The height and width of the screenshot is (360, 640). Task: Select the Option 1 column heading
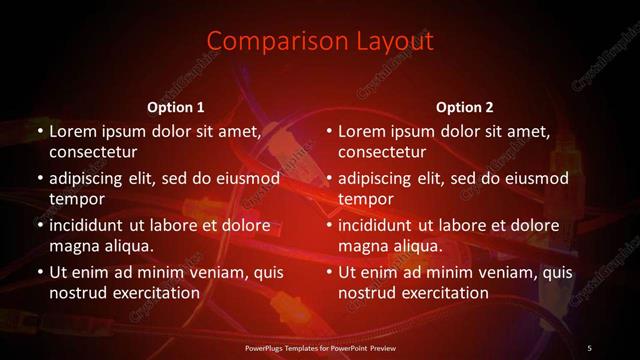(176, 107)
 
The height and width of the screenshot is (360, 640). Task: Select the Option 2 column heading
(465, 107)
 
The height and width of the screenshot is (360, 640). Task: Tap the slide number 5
(589, 347)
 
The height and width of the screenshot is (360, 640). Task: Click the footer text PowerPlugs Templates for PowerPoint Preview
(319, 347)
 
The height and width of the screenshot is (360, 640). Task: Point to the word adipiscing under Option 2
(381, 179)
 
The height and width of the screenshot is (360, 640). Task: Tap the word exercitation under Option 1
(156, 294)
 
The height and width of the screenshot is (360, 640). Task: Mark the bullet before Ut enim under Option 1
(38, 272)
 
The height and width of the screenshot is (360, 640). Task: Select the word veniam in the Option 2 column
(500, 272)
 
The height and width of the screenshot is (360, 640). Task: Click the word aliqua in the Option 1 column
(126, 246)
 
